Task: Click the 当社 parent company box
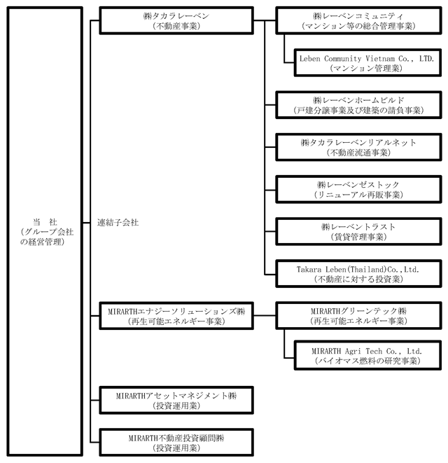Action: point(45,231)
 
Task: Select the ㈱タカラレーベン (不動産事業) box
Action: point(176,21)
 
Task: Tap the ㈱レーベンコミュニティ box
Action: point(358,21)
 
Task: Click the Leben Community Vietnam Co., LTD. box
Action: point(367,63)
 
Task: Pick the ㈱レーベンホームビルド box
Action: point(358,105)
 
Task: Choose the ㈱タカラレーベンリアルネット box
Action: point(358,147)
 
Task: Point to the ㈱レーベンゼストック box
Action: point(358,190)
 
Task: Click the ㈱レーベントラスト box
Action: point(358,232)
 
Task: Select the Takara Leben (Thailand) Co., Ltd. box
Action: point(358,274)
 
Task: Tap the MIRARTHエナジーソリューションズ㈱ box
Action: point(176,316)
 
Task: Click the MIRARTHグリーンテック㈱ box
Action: point(358,316)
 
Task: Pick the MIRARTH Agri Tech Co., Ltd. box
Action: point(367,356)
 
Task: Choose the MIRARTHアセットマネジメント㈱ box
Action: point(176,401)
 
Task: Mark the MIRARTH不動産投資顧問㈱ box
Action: point(176,443)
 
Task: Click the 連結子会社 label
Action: point(118,222)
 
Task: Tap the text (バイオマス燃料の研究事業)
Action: point(367,361)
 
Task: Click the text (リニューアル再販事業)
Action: point(358,195)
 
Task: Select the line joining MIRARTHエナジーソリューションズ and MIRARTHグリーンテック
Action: point(265,316)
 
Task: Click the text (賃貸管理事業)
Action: point(358,237)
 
